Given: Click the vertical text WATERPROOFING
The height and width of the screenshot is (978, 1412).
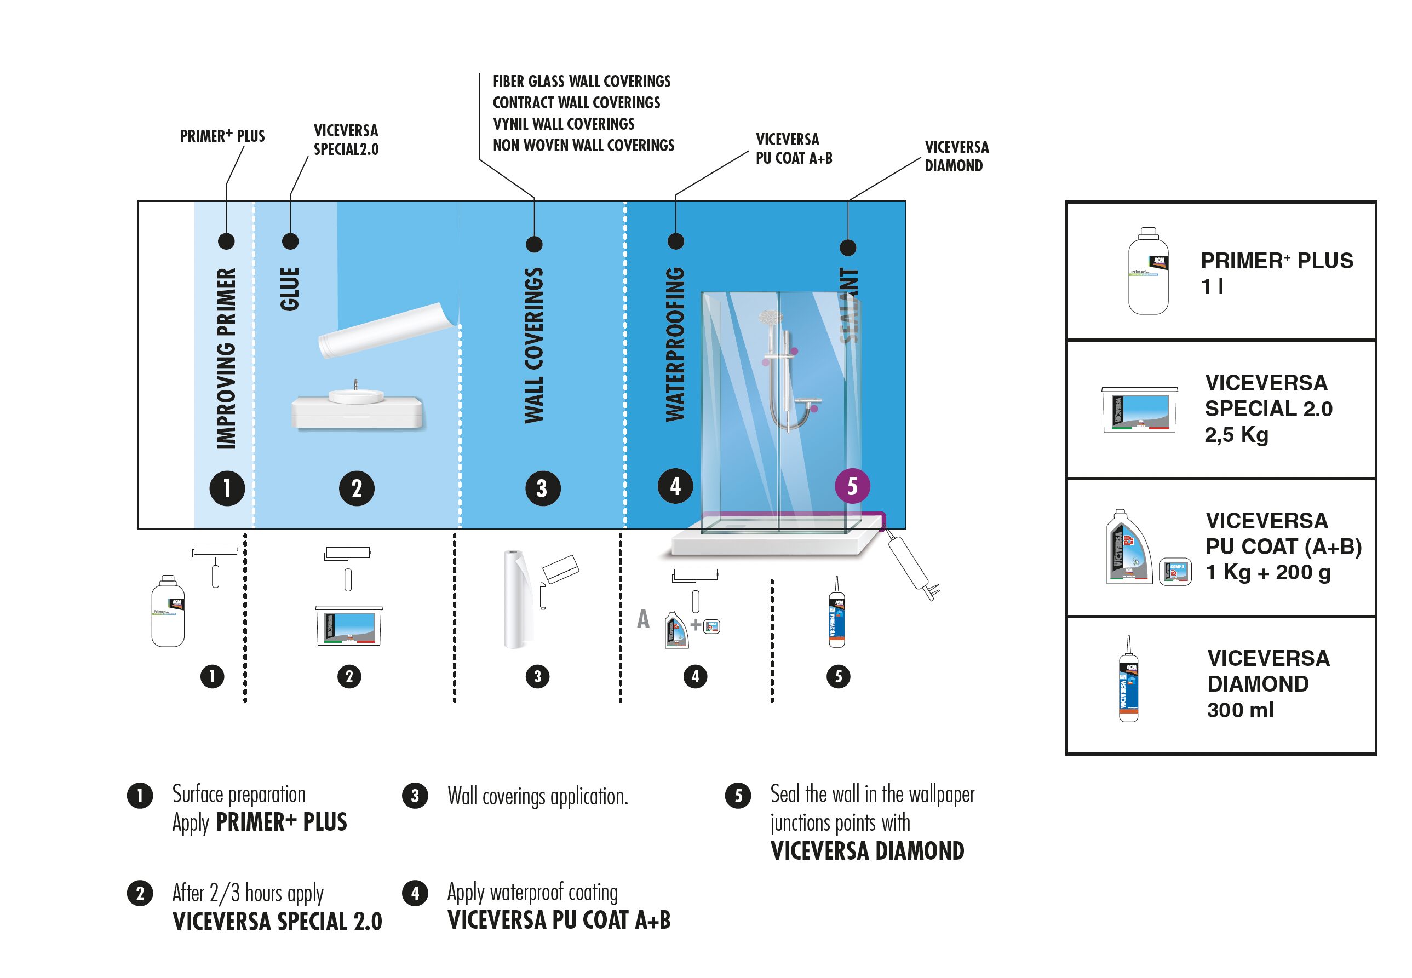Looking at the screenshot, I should click(675, 344).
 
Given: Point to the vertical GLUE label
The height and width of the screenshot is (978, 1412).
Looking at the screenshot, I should click(290, 289).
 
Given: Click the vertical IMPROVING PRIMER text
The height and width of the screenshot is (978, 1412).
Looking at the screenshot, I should click(226, 359).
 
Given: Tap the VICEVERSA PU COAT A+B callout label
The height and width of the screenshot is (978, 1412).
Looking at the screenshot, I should click(793, 149).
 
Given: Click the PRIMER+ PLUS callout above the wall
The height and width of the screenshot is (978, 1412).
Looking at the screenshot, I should click(222, 136).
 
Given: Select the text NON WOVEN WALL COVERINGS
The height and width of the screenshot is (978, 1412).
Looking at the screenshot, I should click(583, 146).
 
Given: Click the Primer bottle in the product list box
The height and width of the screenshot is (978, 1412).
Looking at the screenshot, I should click(1148, 271).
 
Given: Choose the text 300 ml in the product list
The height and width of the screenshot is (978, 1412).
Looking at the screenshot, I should click(1240, 710).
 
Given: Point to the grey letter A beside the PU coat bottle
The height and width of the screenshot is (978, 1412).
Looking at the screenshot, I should click(643, 619).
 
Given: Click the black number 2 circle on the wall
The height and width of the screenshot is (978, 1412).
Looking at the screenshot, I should click(357, 488).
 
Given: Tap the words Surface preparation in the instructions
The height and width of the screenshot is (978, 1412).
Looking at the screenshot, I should click(238, 795).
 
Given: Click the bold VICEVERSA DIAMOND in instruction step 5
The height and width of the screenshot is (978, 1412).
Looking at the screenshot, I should click(867, 851).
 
